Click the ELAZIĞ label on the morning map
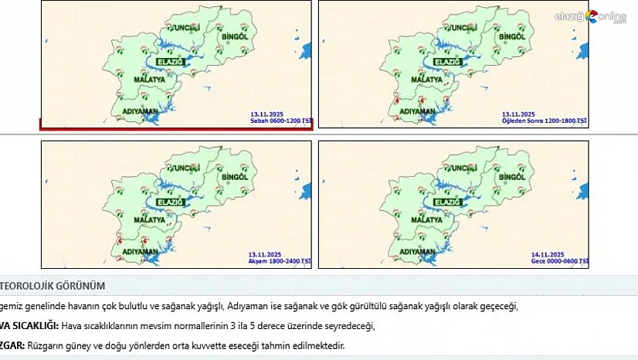[169, 61]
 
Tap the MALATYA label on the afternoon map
[426, 80]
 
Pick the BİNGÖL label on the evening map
[234, 178]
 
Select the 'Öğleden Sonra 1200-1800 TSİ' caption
[545, 121]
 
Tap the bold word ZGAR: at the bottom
[12, 345]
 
